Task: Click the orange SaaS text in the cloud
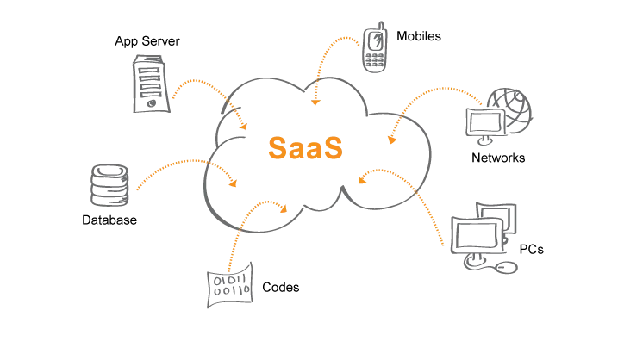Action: pyautogui.click(x=305, y=146)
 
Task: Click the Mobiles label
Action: pyautogui.click(x=419, y=36)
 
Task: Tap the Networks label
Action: pyautogui.click(x=498, y=158)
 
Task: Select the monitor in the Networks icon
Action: pyautogui.click(x=482, y=123)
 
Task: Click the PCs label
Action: pyautogui.click(x=532, y=250)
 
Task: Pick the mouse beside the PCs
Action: pyautogui.click(x=508, y=268)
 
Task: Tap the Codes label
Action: pyautogui.click(x=280, y=287)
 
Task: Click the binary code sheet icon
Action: pyautogui.click(x=228, y=286)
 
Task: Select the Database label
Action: pyautogui.click(x=109, y=220)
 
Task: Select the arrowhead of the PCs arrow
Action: pyautogui.click(x=363, y=180)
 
